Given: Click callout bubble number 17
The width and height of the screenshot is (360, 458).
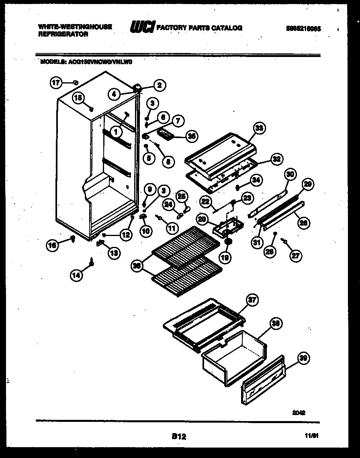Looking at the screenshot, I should coord(56,83).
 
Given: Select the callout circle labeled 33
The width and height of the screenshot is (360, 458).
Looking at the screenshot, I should coord(260,128).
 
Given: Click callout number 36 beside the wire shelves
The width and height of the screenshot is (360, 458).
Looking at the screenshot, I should coord(137,266).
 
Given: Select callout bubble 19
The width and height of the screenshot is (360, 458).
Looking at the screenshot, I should coord(225,257).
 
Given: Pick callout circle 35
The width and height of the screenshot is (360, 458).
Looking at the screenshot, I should coord(192,136).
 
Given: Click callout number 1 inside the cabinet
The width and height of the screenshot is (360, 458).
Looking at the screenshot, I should coord(116,130).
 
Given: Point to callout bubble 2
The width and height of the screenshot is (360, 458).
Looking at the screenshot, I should coord(159,85).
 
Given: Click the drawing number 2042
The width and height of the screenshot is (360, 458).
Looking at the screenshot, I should coord(299,412).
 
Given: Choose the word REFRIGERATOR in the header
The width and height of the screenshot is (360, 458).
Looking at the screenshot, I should coord(63,35).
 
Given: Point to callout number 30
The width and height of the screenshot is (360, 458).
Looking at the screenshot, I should coord(290,174).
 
